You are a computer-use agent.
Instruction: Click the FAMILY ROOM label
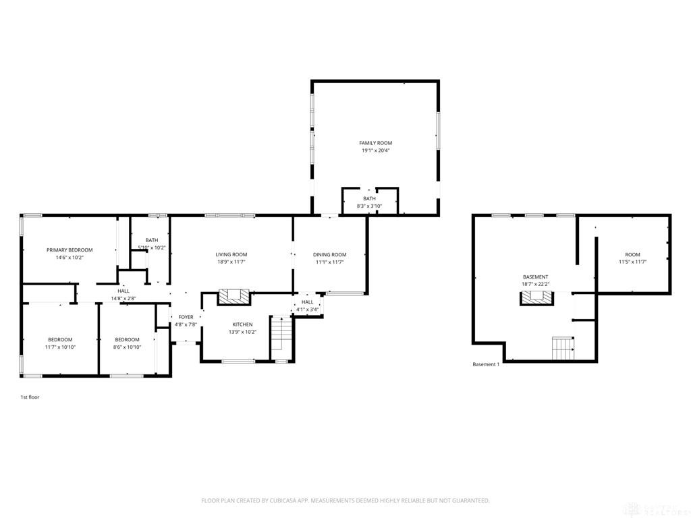pos(375,143)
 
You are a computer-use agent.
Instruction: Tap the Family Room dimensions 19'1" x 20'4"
pos(376,150)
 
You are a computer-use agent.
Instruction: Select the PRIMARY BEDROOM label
pos(70,250)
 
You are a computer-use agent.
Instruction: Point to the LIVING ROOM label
pos(231,254)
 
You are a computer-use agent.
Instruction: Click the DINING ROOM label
pos(329,254)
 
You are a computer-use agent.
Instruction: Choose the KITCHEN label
pos(242,324)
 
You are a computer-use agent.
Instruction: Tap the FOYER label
pos(186,317)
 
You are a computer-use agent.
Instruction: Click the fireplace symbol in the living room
pos(234,297)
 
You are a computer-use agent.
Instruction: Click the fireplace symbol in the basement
pos(535,297)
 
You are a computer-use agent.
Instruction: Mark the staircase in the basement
pos(563,349)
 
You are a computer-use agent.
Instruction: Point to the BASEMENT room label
pos(535,277)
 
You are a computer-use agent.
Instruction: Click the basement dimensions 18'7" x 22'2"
pos(535,284)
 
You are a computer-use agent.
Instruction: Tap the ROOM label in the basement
pos(632,254)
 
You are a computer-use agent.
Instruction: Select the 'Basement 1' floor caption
pos(486,364)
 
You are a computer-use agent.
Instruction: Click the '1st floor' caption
pos(30,397)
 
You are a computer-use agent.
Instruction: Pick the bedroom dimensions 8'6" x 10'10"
pos(127,347)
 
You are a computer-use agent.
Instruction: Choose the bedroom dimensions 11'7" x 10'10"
pos(60,347)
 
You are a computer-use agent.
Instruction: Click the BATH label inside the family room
pos(369,199)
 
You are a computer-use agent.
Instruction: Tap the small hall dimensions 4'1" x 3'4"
pos(308,309)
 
